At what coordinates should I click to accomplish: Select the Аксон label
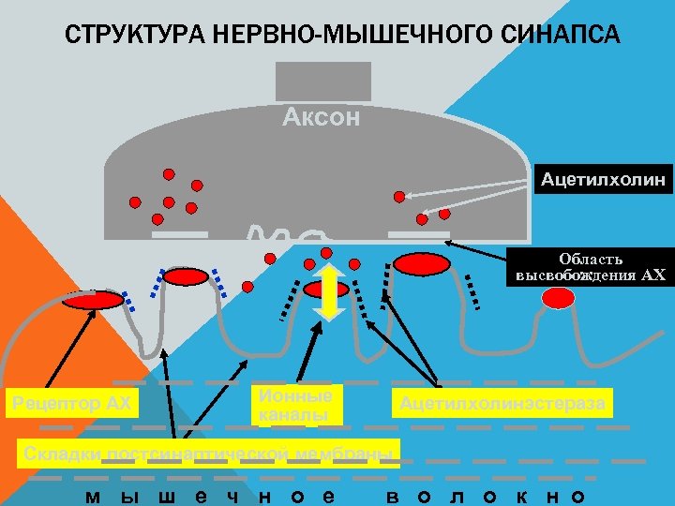point(322,118)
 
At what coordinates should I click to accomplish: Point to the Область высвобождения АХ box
point(591,267)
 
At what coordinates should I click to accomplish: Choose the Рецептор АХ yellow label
point(70,404)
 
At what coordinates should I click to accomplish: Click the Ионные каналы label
point(295,405)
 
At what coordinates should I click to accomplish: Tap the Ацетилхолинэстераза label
point(502,404)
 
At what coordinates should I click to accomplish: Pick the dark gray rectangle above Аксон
point(323,82)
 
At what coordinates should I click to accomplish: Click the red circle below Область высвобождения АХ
point(559,298)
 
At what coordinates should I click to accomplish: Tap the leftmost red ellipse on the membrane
point(93,300)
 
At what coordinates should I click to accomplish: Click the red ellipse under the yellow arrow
point(327,290)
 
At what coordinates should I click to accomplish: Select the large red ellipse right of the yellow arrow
point(421,264)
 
